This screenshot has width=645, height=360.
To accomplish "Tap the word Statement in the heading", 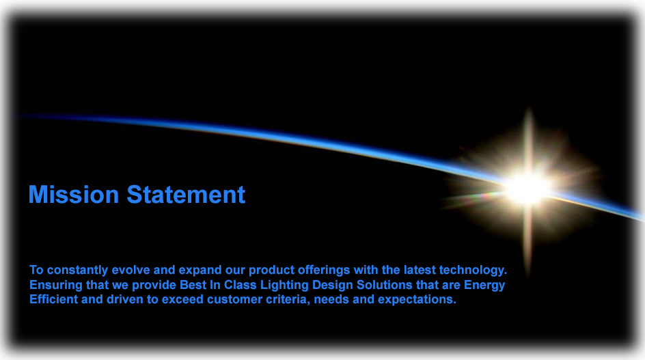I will (185, 195).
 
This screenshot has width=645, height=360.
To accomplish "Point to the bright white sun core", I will (527, 186).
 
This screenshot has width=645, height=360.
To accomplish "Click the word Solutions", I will (383, 285).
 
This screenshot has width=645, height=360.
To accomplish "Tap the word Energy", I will (484, 285).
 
